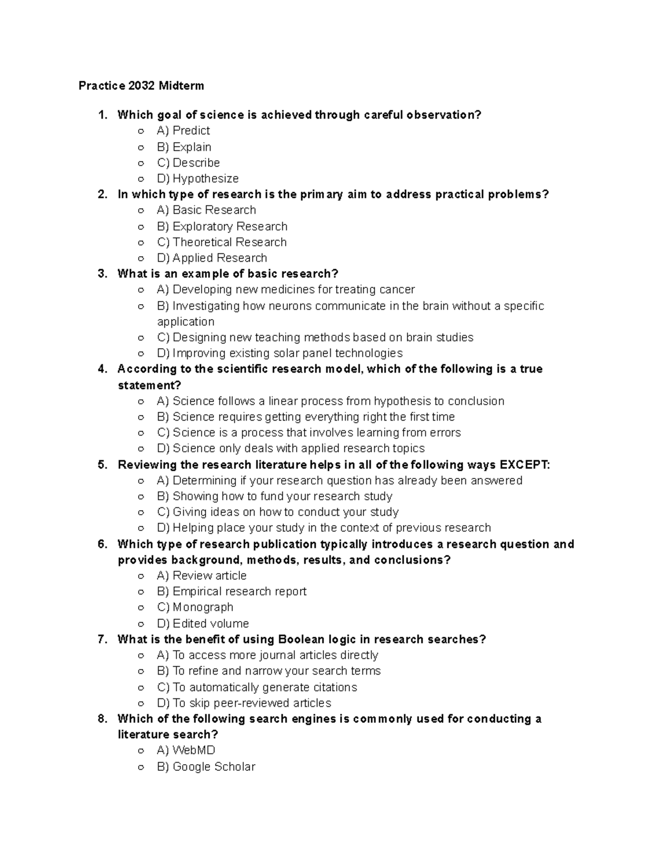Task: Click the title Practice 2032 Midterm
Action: tap(141, 86)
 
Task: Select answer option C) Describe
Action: tap(188, 163)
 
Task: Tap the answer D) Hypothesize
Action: tap(198, 179)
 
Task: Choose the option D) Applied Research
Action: tap(212, 258)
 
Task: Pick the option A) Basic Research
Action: tap(206, 210)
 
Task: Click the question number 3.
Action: tap(102, 273)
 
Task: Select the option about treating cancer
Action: tap(286, 290)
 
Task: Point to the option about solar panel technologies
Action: tap(279, 353)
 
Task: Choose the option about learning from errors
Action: tap(308, 433)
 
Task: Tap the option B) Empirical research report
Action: tap(232, 592)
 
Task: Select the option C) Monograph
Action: tap(195, 607)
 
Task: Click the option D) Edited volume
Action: tap(203, 624)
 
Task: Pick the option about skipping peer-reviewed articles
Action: tap(244, 703)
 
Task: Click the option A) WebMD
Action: tap(186, 750)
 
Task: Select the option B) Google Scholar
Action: tap(206, 767)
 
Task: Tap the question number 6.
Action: tap(102, 544)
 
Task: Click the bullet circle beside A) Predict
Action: tap(141, 131)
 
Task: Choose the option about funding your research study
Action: tap(274, 496)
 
